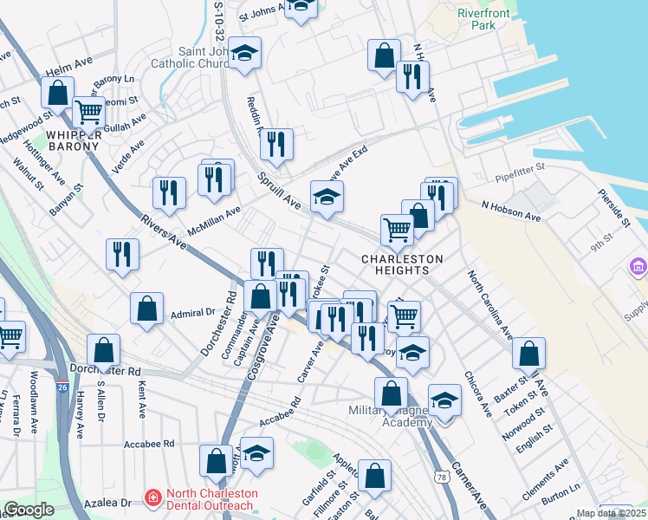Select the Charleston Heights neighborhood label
click(x=401, y=264)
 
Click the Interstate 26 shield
click(x=61, y=384)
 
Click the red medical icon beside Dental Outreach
click(x=153, y=498)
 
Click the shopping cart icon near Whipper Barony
click(x=88, y=111)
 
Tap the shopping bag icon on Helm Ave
click(x=56, y=93)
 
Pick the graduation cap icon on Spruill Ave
click(x=327, y=198)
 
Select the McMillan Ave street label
click(x=214, y=218)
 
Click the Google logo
click(x=29, y=510)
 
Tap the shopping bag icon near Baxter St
click(x=528, y=354)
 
